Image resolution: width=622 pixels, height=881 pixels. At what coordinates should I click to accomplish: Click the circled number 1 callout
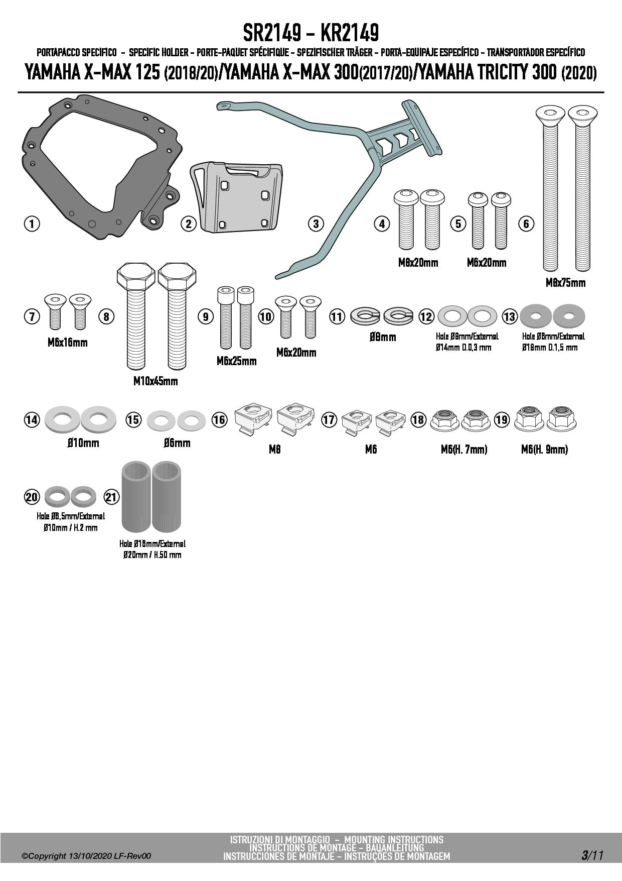[32, 224]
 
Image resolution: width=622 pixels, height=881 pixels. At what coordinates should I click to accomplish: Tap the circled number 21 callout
[111, 497]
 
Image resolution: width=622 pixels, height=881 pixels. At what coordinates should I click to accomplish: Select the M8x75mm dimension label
[565, 283]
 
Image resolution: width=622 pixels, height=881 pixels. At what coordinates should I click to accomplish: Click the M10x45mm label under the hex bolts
[155, 381]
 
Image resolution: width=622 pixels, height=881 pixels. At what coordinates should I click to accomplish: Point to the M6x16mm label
[68, 343]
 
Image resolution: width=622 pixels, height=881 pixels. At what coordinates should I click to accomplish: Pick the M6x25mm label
[236, 361]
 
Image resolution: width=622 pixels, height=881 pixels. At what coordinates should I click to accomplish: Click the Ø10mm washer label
[83, 443]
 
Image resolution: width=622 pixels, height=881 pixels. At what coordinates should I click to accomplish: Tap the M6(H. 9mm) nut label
[544, 450]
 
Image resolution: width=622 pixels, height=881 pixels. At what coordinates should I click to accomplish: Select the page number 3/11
[592, 855]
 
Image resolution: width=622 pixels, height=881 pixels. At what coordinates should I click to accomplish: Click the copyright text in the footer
[86, 856]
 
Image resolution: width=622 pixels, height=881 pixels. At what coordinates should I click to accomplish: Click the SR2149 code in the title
[272, 33]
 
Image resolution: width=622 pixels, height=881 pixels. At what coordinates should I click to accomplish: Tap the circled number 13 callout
[510, 316]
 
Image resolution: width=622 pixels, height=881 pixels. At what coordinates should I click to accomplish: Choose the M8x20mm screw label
[418, 263]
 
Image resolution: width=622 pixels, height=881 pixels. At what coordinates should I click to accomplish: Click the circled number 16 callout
[220, 420]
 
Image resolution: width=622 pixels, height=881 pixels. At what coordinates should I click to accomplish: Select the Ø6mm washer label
[177, 443]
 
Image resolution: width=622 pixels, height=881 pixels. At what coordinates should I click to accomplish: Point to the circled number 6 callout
[526, 224]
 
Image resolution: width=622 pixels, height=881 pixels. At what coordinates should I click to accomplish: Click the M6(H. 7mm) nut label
[464, 450]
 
